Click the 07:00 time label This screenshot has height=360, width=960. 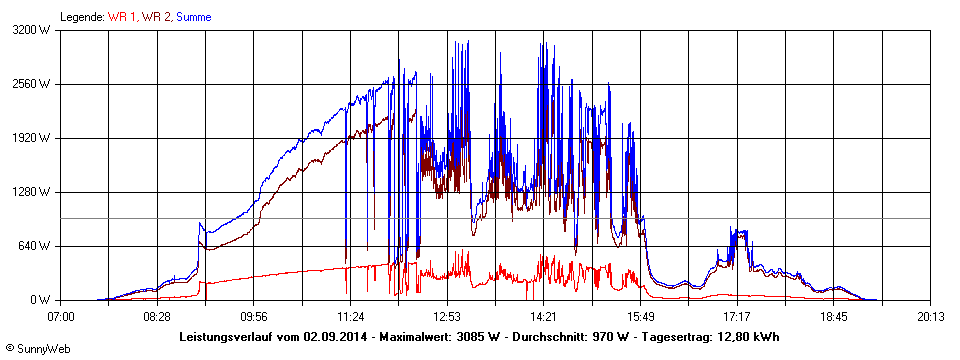point(61,316)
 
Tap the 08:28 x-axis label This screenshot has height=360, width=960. point(157,316)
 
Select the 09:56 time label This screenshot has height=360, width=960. point(254,316)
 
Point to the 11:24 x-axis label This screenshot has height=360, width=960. point(351,316)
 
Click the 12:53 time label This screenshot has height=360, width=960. point(447,316)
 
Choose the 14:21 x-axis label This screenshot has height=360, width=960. point(544,316)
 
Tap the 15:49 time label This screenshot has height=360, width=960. point(641,316)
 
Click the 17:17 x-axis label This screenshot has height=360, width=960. point(737,316)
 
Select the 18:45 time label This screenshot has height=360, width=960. point(834,316)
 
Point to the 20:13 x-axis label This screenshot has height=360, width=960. point(930,316)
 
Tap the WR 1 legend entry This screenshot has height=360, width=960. point(122,17)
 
